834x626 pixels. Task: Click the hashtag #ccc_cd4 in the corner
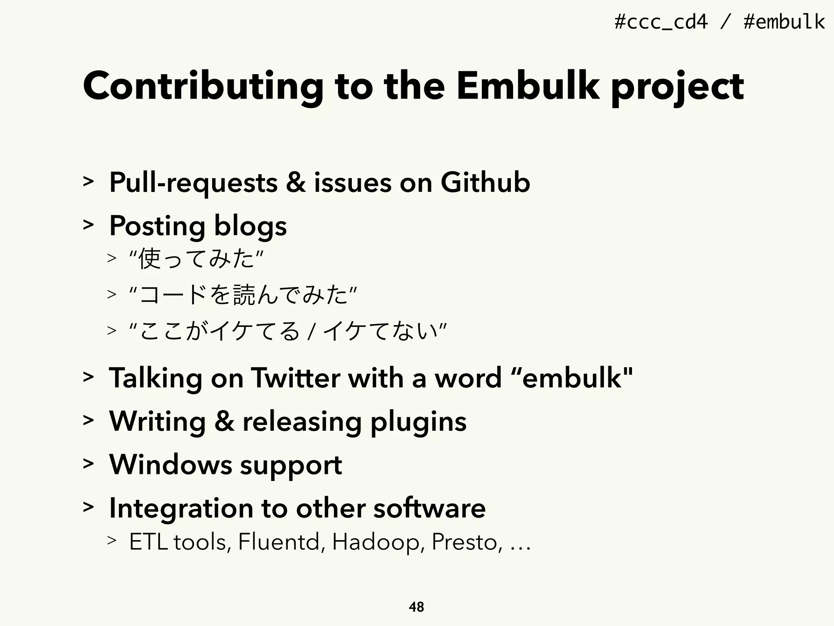tap(661, 22)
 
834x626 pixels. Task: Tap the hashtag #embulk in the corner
tap(784, 22)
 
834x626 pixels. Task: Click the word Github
tap(485, 183)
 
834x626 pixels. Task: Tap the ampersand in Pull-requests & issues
tap(296, 183)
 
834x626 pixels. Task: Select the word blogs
tap(250, 227)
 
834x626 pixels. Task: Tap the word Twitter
tap(296, 378)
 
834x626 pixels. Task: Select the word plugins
tap(419, 422)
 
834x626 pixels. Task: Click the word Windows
tap(171, 465)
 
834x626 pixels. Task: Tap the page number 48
tap(416, 607)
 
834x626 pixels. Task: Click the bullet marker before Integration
tap(88, 507)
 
